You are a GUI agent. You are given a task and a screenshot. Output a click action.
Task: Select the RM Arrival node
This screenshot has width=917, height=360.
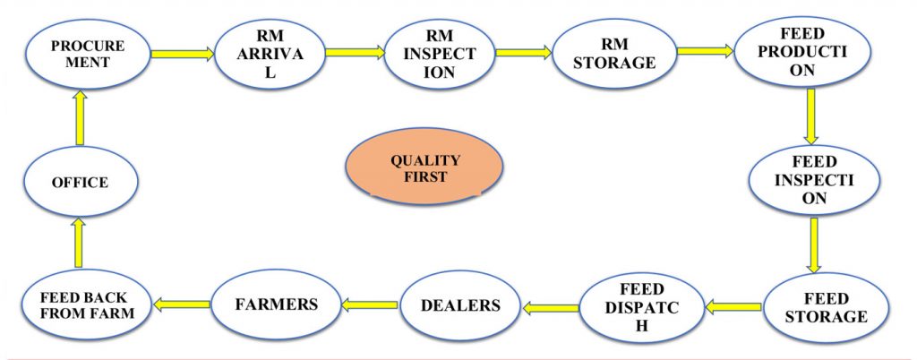click(x=270, y=54)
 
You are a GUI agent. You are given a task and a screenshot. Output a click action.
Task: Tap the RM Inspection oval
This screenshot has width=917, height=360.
click(x=439, y=55)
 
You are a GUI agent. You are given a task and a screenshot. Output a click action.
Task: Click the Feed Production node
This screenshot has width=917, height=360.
click(x=801, y=52)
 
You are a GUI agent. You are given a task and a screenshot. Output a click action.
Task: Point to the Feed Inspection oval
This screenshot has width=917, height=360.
click(x=813, y=181)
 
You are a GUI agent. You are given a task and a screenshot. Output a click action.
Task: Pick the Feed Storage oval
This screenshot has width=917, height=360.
click(x=825, y=307)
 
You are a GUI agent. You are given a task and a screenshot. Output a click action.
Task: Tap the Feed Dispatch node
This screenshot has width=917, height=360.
click(x=641, y=307)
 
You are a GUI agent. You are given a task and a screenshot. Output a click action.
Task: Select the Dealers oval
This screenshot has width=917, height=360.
click(x=461, y=305)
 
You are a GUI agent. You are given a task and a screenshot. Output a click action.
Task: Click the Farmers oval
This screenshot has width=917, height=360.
click(x=276, y=304)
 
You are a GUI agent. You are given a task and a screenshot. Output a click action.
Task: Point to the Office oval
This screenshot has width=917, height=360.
click(x=81, y=182)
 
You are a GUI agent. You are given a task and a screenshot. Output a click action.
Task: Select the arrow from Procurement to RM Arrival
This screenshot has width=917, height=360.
click(x=183, y=54)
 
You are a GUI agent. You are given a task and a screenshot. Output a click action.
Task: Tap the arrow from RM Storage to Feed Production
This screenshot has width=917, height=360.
click(x=706, y=51)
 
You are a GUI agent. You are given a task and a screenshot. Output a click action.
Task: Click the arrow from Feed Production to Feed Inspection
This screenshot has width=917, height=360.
click(x=810, y=116)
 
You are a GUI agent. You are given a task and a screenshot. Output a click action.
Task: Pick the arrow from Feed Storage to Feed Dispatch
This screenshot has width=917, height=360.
click(x=733, y=305)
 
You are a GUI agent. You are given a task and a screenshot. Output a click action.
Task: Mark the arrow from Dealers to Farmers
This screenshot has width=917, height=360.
click(x=370, y=304)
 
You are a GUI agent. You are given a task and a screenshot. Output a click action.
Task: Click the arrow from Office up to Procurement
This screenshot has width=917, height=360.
click(x=81, y=117)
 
